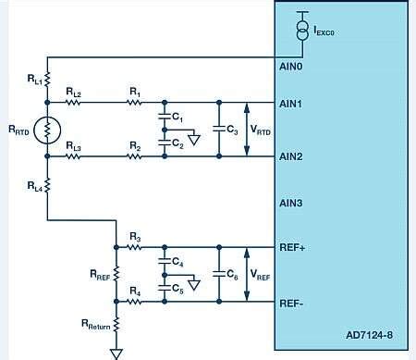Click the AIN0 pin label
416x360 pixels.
(291, 66)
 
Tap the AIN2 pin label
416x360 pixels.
(291, 156)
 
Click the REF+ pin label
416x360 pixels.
(292, 247)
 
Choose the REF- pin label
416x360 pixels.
(292, 302)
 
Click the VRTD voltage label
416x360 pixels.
(262, 130)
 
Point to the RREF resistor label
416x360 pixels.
(97, 275)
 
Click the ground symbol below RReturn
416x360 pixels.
(116, 352)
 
